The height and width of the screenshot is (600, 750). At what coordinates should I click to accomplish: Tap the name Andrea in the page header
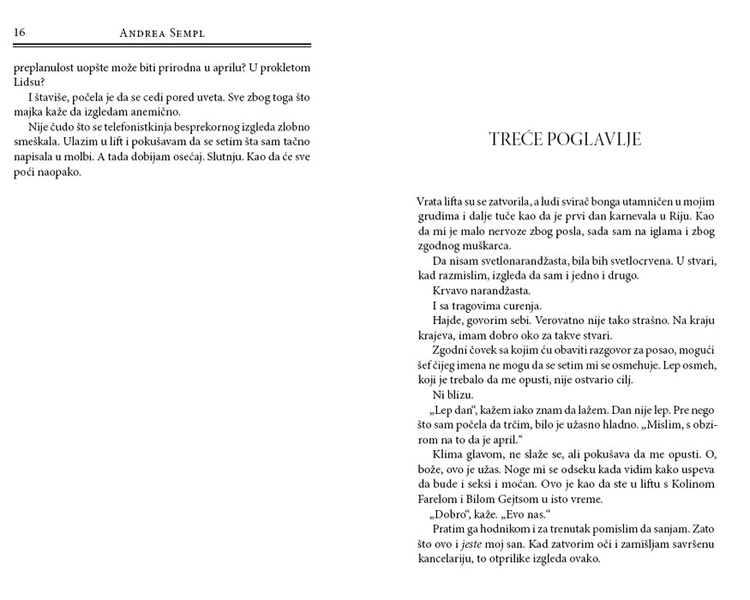click(x=145, y=33)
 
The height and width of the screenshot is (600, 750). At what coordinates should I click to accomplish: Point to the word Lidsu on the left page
click(x=27, y=82)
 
